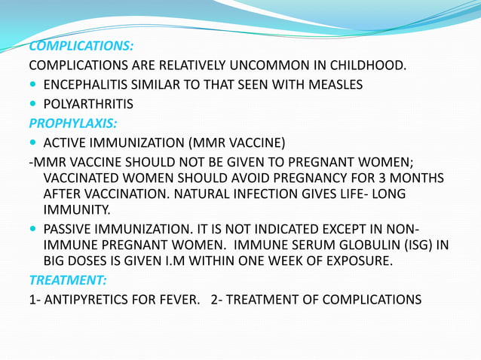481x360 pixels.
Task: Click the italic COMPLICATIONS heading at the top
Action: (81, 47)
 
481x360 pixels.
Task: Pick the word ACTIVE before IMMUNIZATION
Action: (66, 142)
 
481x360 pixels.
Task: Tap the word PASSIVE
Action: (69, 228)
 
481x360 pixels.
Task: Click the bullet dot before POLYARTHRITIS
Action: (33, 104)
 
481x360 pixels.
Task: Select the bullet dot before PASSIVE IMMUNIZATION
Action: (33, 228)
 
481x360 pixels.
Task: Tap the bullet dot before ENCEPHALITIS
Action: (33, 85)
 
